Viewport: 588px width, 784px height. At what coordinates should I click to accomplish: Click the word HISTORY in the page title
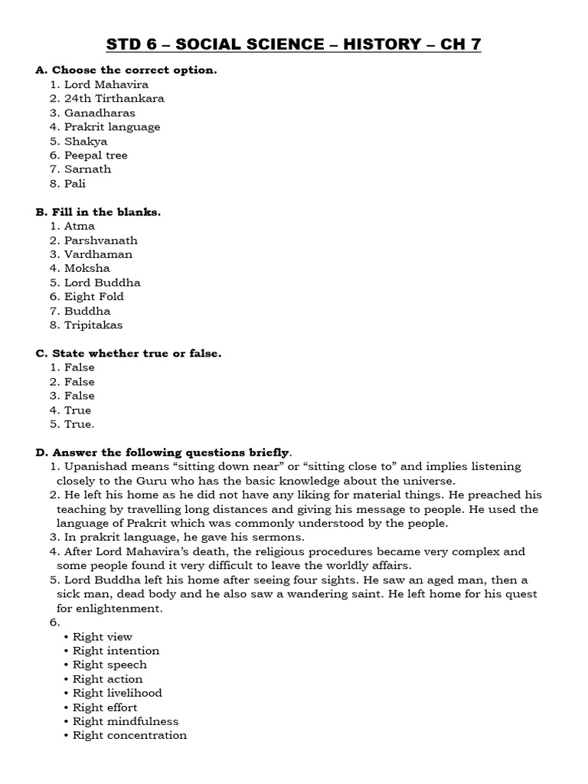[383, 45]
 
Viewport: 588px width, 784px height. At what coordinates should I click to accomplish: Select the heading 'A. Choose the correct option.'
[126, 70]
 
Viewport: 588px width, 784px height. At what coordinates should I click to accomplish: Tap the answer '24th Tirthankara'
[114, 99]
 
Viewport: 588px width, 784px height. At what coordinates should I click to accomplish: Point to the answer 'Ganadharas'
[100, 113]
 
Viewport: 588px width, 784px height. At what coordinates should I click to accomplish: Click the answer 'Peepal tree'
[96, 155]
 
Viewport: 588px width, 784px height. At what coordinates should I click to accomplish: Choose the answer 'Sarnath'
[87, 169]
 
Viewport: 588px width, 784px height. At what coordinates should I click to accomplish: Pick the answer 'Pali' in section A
[76, 184]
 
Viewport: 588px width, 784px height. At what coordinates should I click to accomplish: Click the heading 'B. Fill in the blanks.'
[98, 212]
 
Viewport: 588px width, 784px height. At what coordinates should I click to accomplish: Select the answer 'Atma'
[80, 226]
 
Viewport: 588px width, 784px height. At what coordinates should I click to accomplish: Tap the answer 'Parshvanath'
[101, 240]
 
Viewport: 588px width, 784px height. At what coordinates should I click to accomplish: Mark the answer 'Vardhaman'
[98, 254]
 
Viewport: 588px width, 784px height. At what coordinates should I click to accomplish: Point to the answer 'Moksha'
[87, 269]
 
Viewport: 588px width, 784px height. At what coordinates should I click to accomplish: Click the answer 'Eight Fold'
[93, 297]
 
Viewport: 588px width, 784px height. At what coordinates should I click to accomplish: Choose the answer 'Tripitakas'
[93, 325]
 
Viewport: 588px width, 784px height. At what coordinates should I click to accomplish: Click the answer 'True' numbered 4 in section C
[77, 410]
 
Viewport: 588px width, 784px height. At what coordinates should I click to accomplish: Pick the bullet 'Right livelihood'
[117, 693]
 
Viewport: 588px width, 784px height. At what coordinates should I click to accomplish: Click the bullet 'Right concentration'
[129, 736]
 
